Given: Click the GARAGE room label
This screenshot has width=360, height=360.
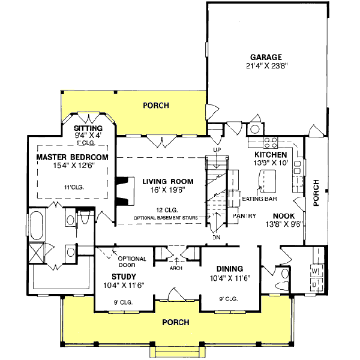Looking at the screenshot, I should coord(267,57).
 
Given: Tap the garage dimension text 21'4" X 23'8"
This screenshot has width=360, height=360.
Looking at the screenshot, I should coord(267,67).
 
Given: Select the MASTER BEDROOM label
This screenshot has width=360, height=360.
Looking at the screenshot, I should coord(72,157).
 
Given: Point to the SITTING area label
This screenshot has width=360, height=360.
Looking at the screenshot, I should coord(88,128).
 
